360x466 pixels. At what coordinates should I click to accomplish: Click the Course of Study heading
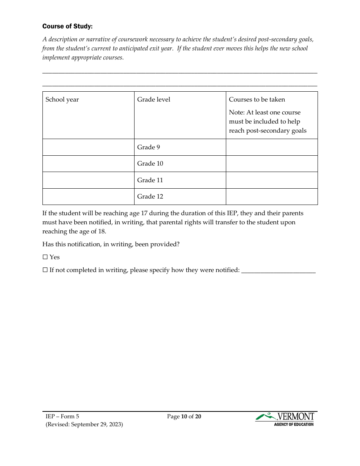[67, 26]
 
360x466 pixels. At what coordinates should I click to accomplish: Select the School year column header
[62, 100]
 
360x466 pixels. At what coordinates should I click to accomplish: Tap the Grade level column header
[153, 100]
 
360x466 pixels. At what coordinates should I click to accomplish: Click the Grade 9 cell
[149, 147]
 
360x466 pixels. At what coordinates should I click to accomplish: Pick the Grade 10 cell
[150, 164]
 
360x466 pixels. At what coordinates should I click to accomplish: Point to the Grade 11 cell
[150, 180]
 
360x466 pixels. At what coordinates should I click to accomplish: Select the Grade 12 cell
[150, 196]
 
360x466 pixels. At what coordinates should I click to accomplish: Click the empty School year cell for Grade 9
[88, 147]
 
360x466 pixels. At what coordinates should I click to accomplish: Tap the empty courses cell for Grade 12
[272, 196]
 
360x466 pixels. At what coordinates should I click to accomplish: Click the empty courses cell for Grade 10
[272, 164]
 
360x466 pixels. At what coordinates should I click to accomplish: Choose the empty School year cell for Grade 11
[88, 180]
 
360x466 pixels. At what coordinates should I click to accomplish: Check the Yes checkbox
[45, 257]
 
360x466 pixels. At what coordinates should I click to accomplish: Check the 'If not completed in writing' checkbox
[45, 270]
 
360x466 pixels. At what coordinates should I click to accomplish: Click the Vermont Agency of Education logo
[285, 419]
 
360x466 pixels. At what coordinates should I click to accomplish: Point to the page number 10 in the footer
[184, 417]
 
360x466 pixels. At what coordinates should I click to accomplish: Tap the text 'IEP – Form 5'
[62, 417]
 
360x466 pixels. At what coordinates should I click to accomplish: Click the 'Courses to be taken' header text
[257, 100]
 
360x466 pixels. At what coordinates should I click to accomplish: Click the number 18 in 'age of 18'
[102, 231]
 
